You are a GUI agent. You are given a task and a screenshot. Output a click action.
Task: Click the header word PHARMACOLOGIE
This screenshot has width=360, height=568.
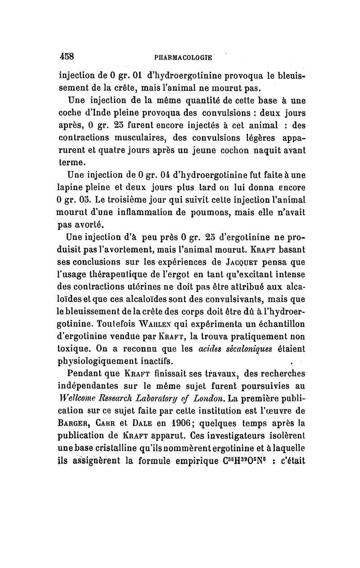pyautogui.click(x=183, y=58)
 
